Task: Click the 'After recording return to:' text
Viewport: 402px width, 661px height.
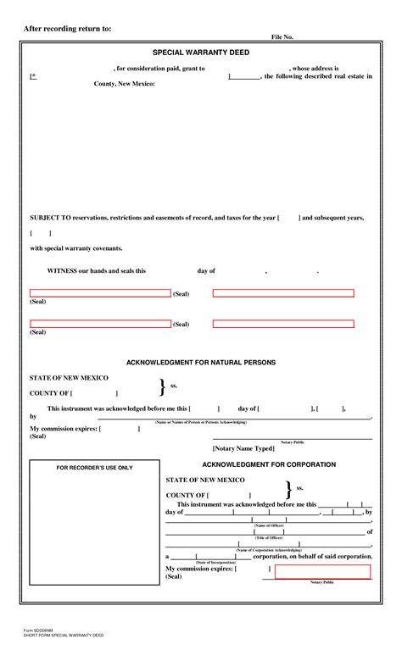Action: pyautogui.click(x=67, y=29)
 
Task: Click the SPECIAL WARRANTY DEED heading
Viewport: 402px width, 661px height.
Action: pyautogui.click(x=201, y=53)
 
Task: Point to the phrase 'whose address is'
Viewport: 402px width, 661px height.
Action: pyautogui.click(x=315, y=68)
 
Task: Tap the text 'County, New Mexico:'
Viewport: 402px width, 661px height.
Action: pyautogui.click(x=124, y=85)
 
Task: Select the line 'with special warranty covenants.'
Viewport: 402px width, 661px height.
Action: pyautogui.click(x=76, y=248)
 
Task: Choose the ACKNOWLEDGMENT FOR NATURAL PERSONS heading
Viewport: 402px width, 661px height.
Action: pyautogui.click(x=201, y=362)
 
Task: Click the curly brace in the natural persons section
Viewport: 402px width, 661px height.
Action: pyautogui.click(x=162, y=386)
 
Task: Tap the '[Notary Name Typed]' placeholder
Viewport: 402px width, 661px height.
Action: pyautogui.click(x=243, y=447)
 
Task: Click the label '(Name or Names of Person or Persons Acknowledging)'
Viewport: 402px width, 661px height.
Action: pyautogui.click(x=200, y=422)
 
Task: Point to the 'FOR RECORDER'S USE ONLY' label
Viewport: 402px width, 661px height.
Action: pyautogui.click(x=94, y=468)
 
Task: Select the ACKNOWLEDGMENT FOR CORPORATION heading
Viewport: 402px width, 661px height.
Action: pyautogui.click(x=269, y=464)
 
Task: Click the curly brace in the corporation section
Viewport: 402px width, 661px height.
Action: pyautogui.click(x=288, y=488)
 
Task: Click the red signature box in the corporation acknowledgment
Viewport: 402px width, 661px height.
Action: pyautogui.click(x=322, y=571)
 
